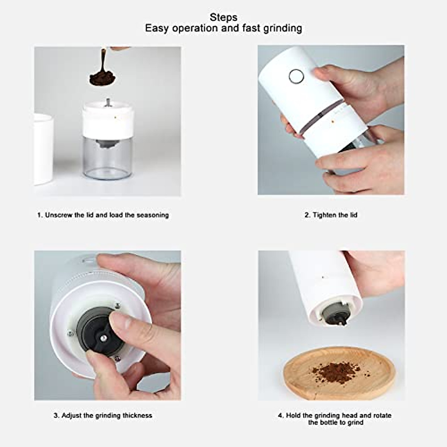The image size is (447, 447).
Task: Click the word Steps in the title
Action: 223,17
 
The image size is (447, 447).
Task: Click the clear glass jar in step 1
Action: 102,156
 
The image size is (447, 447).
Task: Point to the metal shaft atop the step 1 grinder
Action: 108,102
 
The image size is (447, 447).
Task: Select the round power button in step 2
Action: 296,76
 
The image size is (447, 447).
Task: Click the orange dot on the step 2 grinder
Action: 332,121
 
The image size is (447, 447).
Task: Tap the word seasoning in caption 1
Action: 152,215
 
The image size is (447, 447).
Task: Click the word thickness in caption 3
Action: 137,415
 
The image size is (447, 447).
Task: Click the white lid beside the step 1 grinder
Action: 43,149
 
